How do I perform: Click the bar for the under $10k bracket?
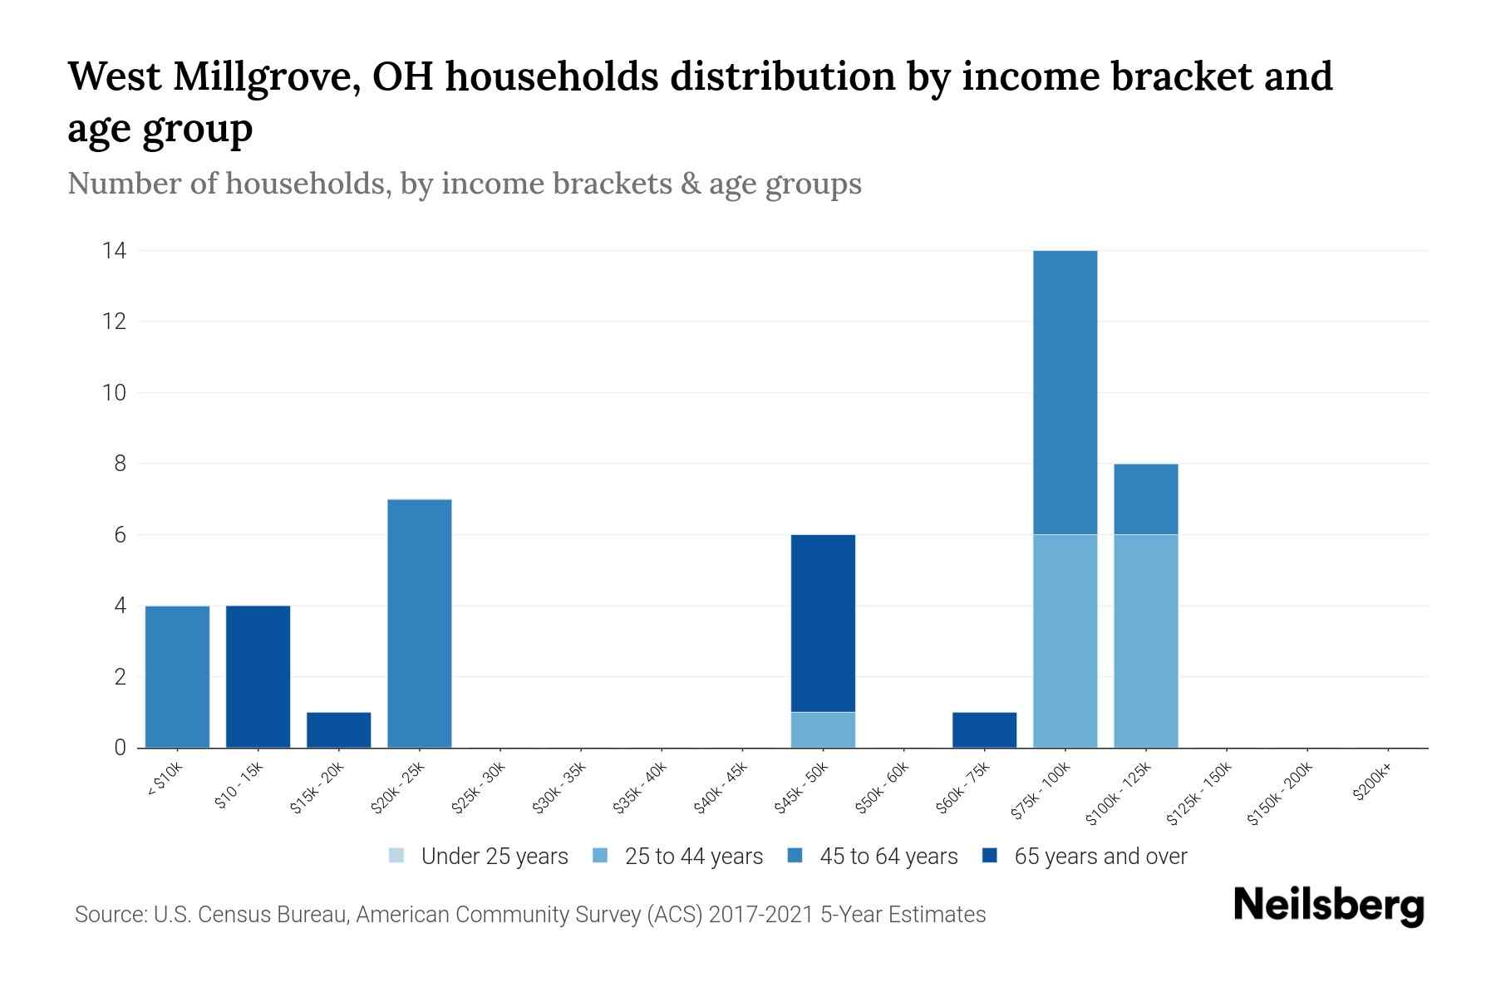[177, 676]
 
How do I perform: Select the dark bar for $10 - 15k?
[258, 676]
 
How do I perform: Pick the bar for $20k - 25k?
[419, 623]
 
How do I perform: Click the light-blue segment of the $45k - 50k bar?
[823, 729]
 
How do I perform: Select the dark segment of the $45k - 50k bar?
[823, 623]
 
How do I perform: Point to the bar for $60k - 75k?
[984, 729]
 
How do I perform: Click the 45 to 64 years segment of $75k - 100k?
[1065, 392]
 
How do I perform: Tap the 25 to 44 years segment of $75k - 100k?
[1065, 641]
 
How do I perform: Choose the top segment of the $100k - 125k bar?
[1145, 498]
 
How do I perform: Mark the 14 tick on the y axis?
[114, 250]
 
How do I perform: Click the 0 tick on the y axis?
[120, 748]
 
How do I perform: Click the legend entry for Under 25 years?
[495, 857]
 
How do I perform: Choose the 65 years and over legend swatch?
[990, 856]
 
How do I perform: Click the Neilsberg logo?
[1329, 906]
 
